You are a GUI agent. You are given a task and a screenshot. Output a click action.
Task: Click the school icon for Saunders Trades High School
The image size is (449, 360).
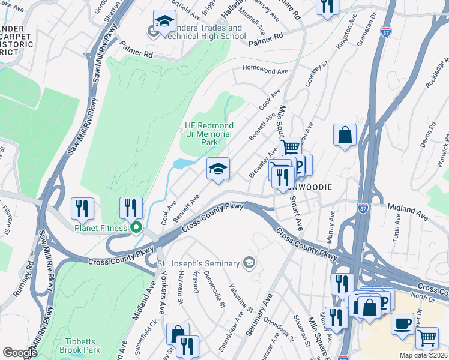(x=164, y=22)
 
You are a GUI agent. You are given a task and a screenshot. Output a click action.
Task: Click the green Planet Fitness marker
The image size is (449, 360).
(x=136, y=227)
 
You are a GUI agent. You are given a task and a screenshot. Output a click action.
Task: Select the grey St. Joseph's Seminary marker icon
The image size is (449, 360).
(x=249, y=263)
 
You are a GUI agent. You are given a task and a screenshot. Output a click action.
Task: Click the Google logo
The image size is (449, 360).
(x=20, y=353)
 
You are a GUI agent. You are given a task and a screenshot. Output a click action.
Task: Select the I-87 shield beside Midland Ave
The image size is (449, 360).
(x=363, y=207)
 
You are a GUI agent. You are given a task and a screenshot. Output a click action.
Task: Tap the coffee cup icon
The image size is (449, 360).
(x=402, y=323)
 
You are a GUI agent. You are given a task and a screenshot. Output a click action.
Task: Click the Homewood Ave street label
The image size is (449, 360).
(x=265, y=71)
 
